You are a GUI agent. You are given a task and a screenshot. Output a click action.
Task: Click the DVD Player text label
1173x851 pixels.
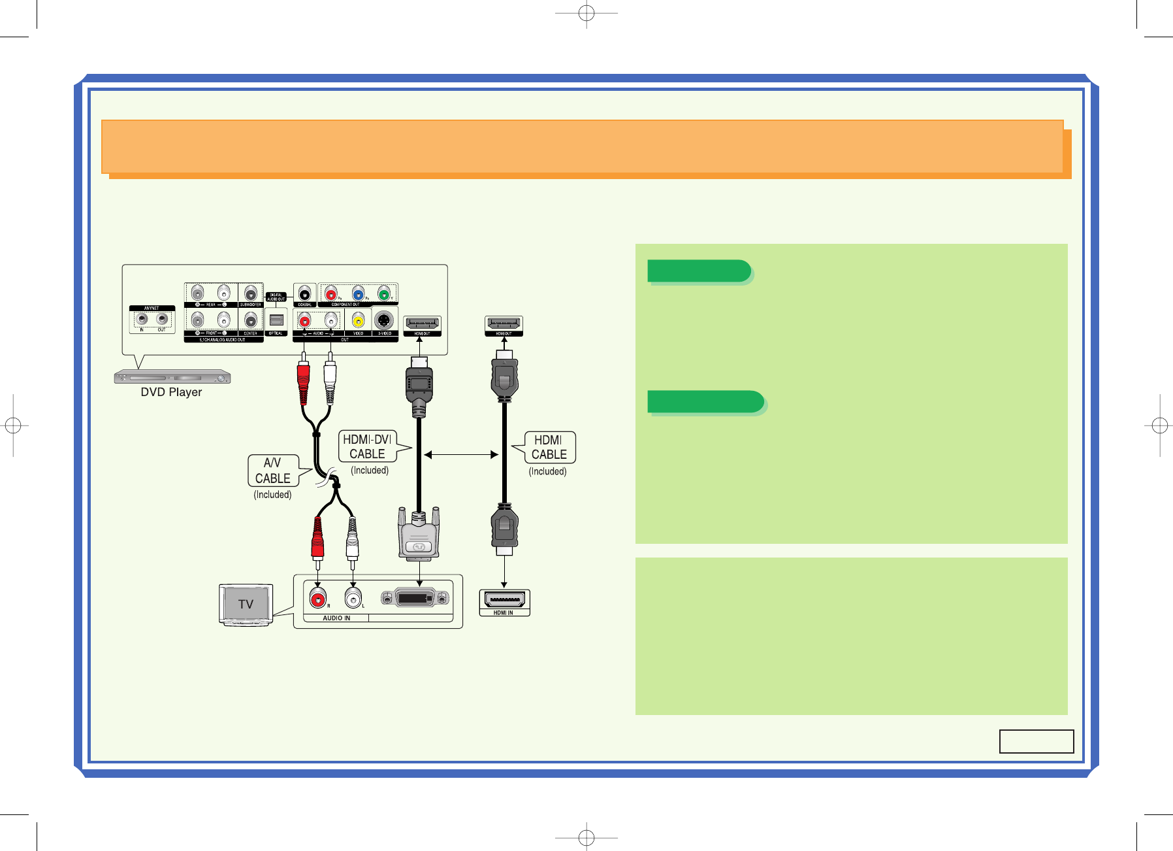(171, 392)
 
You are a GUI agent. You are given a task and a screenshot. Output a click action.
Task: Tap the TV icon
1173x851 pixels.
(246, 604)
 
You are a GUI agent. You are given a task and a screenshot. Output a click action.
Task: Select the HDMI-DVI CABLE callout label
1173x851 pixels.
(368, 446)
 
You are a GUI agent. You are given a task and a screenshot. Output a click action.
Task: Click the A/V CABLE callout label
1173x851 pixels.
(273, 471)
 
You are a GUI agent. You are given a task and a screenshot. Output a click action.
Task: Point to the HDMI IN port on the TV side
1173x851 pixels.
(504, 599)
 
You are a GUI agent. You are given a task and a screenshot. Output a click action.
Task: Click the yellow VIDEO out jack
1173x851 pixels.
(358, 320)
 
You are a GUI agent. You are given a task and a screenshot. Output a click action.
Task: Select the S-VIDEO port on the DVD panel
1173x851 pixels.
(385, 320)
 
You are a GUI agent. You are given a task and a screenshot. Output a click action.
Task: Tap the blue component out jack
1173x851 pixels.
(358, 293)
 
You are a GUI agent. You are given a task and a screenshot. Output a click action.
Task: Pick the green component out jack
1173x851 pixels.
(385, 293)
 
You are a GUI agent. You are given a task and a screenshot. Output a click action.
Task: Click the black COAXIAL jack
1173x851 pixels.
(304, 293)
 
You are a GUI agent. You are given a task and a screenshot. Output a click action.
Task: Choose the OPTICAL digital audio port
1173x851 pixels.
(276, 320)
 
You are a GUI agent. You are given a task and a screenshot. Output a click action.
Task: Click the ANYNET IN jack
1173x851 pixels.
(142, 320)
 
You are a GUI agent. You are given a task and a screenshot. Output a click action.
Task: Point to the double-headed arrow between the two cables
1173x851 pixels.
(461, 454)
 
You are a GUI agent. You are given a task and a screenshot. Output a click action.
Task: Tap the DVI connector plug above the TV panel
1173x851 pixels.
(419, 536)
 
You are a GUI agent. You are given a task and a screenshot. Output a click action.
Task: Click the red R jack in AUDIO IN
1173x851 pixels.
(318, 597)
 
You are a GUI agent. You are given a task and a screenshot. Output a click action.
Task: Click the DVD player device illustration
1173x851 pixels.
(172, 377)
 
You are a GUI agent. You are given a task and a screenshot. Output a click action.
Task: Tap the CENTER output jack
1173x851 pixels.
(250, 320)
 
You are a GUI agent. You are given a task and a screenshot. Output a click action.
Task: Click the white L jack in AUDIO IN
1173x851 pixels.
(353, 597)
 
